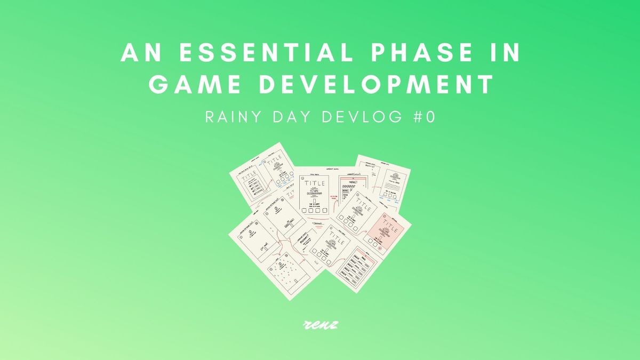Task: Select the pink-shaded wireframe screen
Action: coord(388,233)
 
